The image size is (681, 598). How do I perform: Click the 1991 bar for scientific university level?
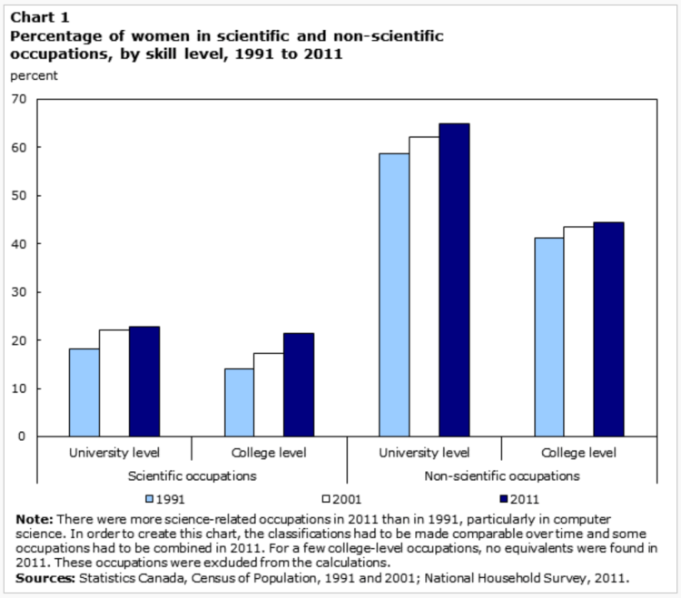click(x=84, y=392)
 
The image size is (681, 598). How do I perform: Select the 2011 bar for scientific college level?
click(x=299, y=385)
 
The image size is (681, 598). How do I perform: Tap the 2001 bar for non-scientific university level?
click(x=423, y=287)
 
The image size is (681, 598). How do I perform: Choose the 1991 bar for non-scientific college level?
click(x=548, y=337)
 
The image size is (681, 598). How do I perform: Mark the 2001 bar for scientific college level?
click(x=268, y=395)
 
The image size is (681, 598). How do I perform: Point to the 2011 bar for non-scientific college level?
click(x=608, y=329)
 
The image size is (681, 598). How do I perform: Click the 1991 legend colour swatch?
click(x=149, y=497)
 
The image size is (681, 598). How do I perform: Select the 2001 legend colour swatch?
click(x=326, y=497)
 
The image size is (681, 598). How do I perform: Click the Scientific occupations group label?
click(x=192, y=475)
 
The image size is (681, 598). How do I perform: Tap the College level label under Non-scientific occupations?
click(x=577, y=451)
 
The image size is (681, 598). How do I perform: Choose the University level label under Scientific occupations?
click(x=114, y=451)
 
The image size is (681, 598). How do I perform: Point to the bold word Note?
click(x=34, y=517)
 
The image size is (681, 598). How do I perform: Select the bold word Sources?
click(x=44, y=576)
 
